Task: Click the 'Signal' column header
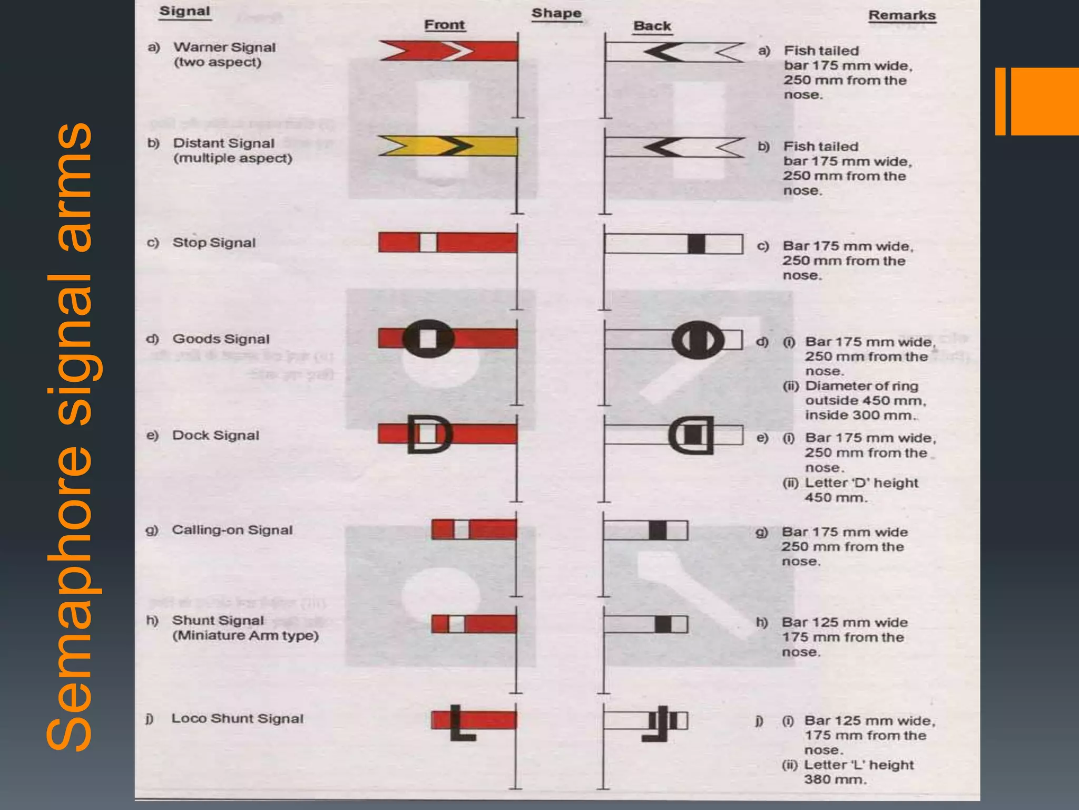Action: pyautogui.click(x=184, y=11)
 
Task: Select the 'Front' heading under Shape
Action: pyautogui.click(x=444, y=25)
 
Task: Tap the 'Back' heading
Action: pyautogui.click(x=652, y=26)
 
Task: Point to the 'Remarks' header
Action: pyautogui.click(x=901, y=15)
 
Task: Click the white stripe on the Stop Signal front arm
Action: pyautogui.click(x=428, y=243)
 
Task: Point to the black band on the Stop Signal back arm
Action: pyautogui.click(x=696, y=244)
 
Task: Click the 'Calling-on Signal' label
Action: pyautogui.click(x=232, y=530)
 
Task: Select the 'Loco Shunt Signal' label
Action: pyautogui.click(x=237, y=718)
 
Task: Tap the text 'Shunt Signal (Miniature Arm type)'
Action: pyautogui.click(x=245, y=628)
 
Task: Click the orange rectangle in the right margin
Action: pyautogui.click(x=1043, y=101)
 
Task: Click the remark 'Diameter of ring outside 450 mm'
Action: pyautogui.click(x=864, y=393)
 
